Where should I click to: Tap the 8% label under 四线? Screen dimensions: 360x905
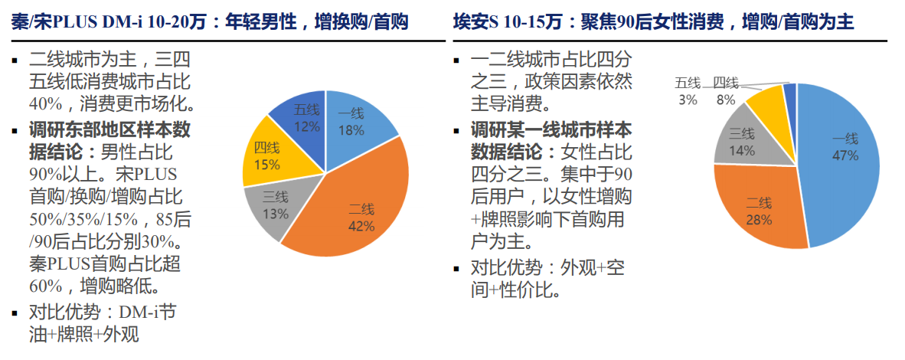tap(725, 100)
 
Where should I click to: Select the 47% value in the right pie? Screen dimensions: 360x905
tap(845, 155)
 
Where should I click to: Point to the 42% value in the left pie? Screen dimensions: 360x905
tap(361, 226)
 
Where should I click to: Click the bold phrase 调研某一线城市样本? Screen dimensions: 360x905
tap(552, 129)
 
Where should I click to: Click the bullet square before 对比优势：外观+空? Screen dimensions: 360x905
tap(456, 269)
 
